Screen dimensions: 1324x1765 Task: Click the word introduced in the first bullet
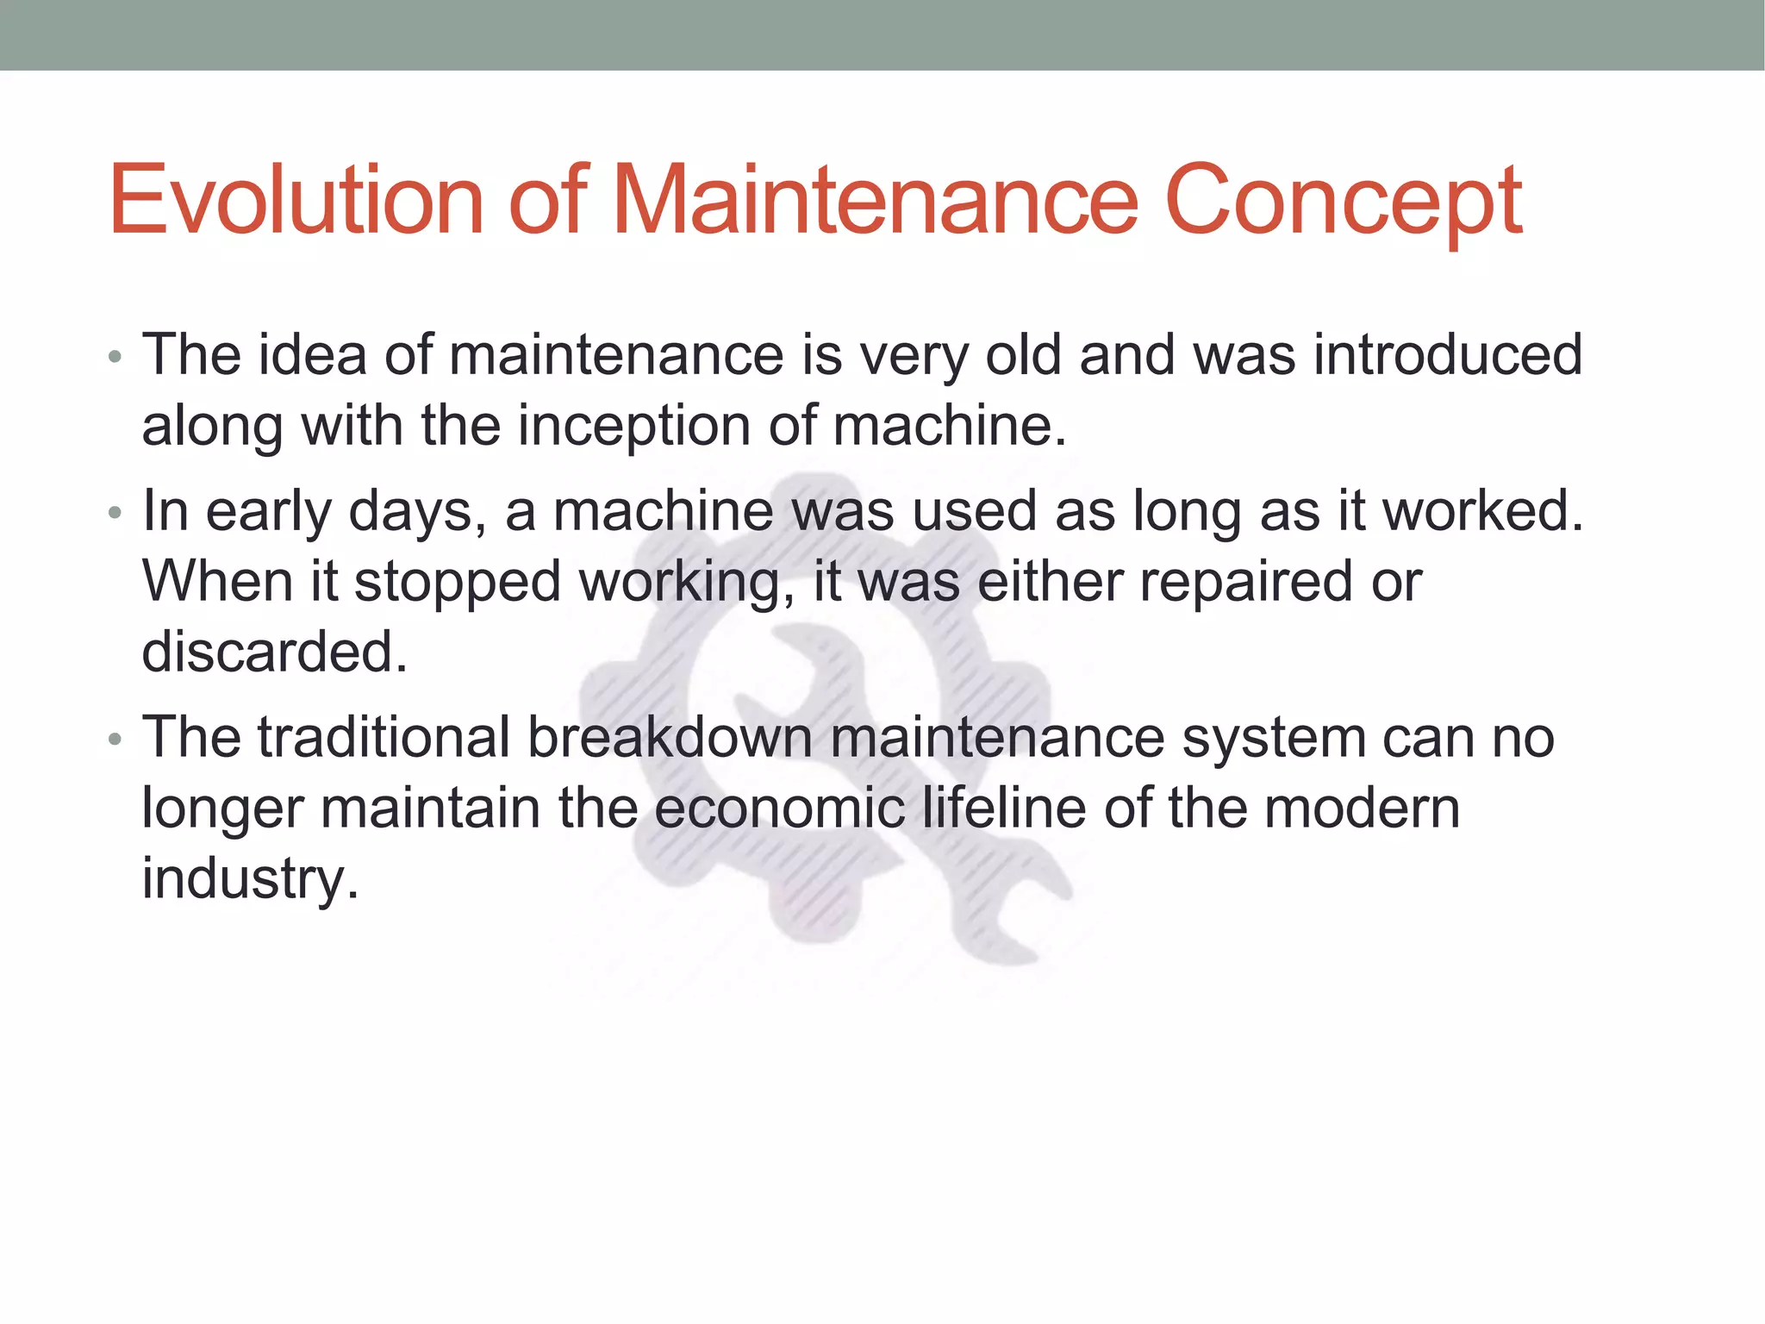click(1448, 354)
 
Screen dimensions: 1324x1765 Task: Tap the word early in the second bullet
click(268, 512)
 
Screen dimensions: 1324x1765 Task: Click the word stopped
click(458, 583)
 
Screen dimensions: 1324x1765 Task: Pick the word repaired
click(1246, 583)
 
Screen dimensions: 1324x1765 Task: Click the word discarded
click(274, 652)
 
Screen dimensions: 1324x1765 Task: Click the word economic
click(779, 809)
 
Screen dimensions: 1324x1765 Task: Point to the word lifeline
click(1004, 809)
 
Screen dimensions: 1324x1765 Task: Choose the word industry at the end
click(249, 879)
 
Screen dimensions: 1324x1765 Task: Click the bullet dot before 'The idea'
click(115, 356)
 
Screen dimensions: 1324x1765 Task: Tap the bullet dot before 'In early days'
click(115, 514)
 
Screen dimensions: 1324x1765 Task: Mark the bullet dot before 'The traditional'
click(115, 740)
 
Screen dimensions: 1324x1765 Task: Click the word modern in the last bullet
click(1362, 809)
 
